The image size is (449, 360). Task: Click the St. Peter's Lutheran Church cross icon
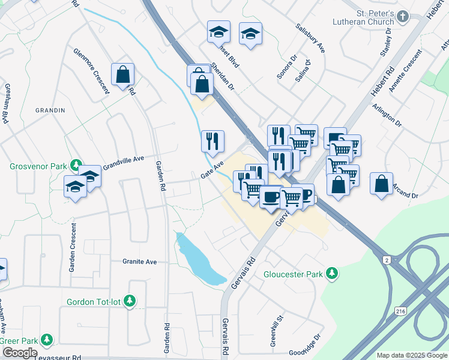(x=403, y=17)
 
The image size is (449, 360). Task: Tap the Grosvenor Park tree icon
(x=76, y=164)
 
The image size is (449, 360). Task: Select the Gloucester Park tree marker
(x=331, y=275)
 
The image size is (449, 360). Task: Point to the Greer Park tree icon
(x=46, y=341)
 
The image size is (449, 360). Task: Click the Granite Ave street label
(x=139, y=262)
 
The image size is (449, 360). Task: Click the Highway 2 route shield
(x=388, y=259)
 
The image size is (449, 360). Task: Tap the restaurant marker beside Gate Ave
(x=212, y=142)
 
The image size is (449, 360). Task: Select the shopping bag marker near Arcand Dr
(x=382, y=184)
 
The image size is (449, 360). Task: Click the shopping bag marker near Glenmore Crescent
(x=122, y=75)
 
